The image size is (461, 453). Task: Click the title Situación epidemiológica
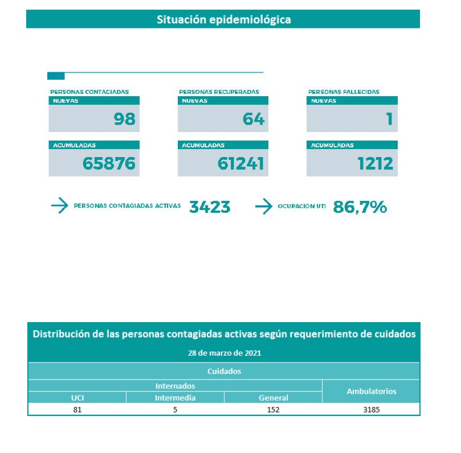(x=223, y=19)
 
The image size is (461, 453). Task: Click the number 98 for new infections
(x=124, y=118)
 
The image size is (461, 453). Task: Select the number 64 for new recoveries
(x=254, y=118)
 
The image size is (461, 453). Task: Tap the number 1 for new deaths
(x=390, y=118)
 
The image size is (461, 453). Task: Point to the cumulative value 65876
(x=109, y=163)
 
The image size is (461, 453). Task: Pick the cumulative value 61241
(x=240, y=163)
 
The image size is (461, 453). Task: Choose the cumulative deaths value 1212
(x=375, y=163)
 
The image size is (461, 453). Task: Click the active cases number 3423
(x=210, y=207)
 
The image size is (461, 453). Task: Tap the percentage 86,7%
(x=360, y=207)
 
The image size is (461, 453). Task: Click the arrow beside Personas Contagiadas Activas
(x=59, y=206)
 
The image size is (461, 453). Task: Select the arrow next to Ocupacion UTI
(x=263, y=206)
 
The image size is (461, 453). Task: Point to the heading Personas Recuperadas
(x=219, y=92)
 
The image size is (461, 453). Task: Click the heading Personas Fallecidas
(x=344, y=92)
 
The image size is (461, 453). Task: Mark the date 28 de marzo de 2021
(x=225, y=353)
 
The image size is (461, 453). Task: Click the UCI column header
(x=77, y=398)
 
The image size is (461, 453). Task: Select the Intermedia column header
(x=175, y=398)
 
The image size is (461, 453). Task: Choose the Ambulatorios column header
(x=371, y=392)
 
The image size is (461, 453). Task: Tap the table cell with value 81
(x=77, y=409)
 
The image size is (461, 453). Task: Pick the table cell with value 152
(x=273, y=409)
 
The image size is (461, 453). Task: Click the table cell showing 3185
(x=371, y=409)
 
